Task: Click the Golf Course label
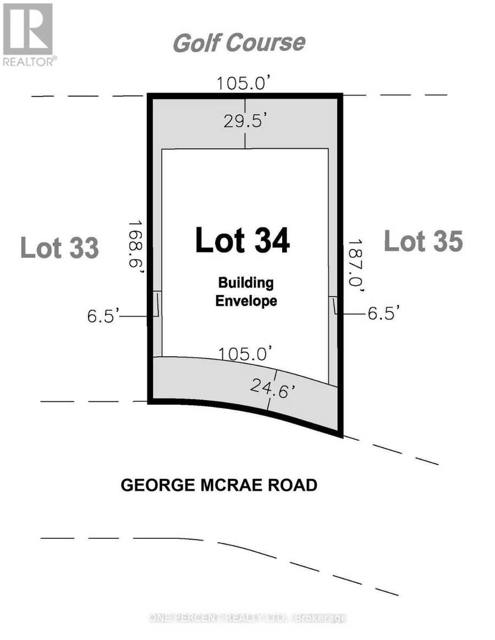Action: click(x=239, y=43)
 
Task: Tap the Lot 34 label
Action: click(x=243, y=240)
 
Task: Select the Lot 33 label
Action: click(x=59, y=247)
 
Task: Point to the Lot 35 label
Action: click(x=424, y=241)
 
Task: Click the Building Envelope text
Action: click(x=246, y=291)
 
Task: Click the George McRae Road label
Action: click(x=219, y=485)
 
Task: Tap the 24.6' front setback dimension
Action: click(x=272, y=388)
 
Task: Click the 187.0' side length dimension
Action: click(x=355, y=266)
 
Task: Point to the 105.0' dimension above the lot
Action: click(x=244, y=83)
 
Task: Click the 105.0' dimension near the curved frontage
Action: click(x=245, y=354)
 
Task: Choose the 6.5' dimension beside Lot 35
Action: click(x=383, y=313)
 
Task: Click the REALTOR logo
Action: click(x=29, y=35)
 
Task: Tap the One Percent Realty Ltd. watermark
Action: click(x=248, y=618)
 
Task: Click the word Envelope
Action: click(x=246, y=301)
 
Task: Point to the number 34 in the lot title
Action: click(x=272, y=240)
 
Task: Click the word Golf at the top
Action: click(x=196, y=43)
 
